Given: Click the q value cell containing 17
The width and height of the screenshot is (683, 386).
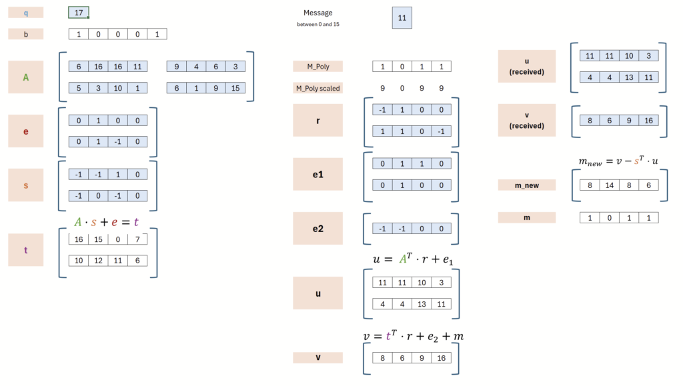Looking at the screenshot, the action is click(79, 13).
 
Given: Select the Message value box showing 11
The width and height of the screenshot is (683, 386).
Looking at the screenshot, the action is click(402, 18).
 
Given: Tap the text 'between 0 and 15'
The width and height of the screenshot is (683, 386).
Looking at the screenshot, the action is click(318, 25).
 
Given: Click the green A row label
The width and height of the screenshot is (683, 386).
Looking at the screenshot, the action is click(26, 77).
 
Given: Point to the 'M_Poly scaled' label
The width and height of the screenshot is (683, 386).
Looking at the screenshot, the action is click(318, 88).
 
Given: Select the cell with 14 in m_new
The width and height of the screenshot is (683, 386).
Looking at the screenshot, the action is click(610, 185).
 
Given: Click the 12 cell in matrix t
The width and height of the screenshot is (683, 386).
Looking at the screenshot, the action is click(98, 261).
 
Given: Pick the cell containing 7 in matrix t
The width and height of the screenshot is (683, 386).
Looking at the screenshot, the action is click(137, 239).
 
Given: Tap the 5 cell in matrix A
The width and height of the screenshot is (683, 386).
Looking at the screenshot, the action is click(79, 88).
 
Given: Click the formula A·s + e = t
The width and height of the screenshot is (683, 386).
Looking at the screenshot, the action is click(106, 222).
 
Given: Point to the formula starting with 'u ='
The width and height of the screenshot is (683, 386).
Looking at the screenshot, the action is click(413, 259).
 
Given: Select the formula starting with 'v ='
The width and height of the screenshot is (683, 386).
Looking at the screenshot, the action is click(414, 336).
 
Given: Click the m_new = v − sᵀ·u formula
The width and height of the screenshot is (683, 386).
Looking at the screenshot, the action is click(618, 161).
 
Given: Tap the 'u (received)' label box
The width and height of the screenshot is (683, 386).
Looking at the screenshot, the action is click(527, 66).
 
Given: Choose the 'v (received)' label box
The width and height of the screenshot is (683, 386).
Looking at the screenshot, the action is click(527, 120).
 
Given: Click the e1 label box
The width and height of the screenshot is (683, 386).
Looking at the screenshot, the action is click(318, 174).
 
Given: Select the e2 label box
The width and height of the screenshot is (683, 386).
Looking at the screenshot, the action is click(318, 229).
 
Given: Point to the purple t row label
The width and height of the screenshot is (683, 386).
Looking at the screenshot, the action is click(26, 250).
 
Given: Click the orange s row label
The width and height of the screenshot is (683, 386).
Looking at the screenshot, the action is click(26, 185).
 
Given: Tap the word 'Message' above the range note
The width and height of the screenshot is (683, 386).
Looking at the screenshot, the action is click(318, 13).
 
